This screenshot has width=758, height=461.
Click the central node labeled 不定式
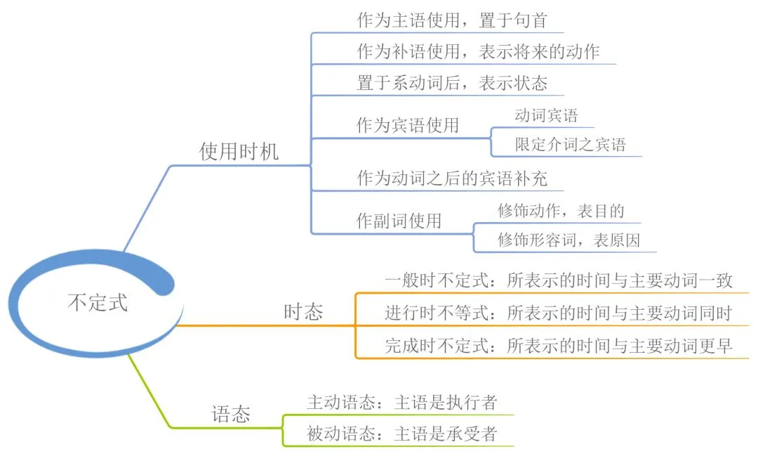coord(98,303)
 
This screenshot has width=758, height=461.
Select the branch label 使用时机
coord(239,152)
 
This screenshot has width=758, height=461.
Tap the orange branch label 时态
coord(303,312)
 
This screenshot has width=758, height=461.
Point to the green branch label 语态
coord(231,414)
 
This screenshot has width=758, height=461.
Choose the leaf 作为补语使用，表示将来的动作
coord(478,52)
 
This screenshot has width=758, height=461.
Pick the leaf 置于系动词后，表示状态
coord(452,83)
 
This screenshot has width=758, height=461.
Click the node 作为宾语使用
coord(408,125)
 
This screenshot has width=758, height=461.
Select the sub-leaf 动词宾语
coord(546,115)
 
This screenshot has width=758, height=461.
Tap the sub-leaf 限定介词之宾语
coord(570,145)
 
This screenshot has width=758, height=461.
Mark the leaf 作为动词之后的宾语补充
coord(451,178)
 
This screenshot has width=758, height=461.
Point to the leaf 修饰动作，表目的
coord(561,210)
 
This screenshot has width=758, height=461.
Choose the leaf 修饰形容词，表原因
coord(568,240)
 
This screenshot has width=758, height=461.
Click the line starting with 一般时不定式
coord(559,280)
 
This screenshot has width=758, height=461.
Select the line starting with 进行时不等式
coord(559,313)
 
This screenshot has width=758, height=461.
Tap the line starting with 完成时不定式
coord(559,345)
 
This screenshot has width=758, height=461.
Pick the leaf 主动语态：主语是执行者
coord(401,402)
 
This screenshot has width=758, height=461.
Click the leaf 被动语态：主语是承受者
coord(401,434)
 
